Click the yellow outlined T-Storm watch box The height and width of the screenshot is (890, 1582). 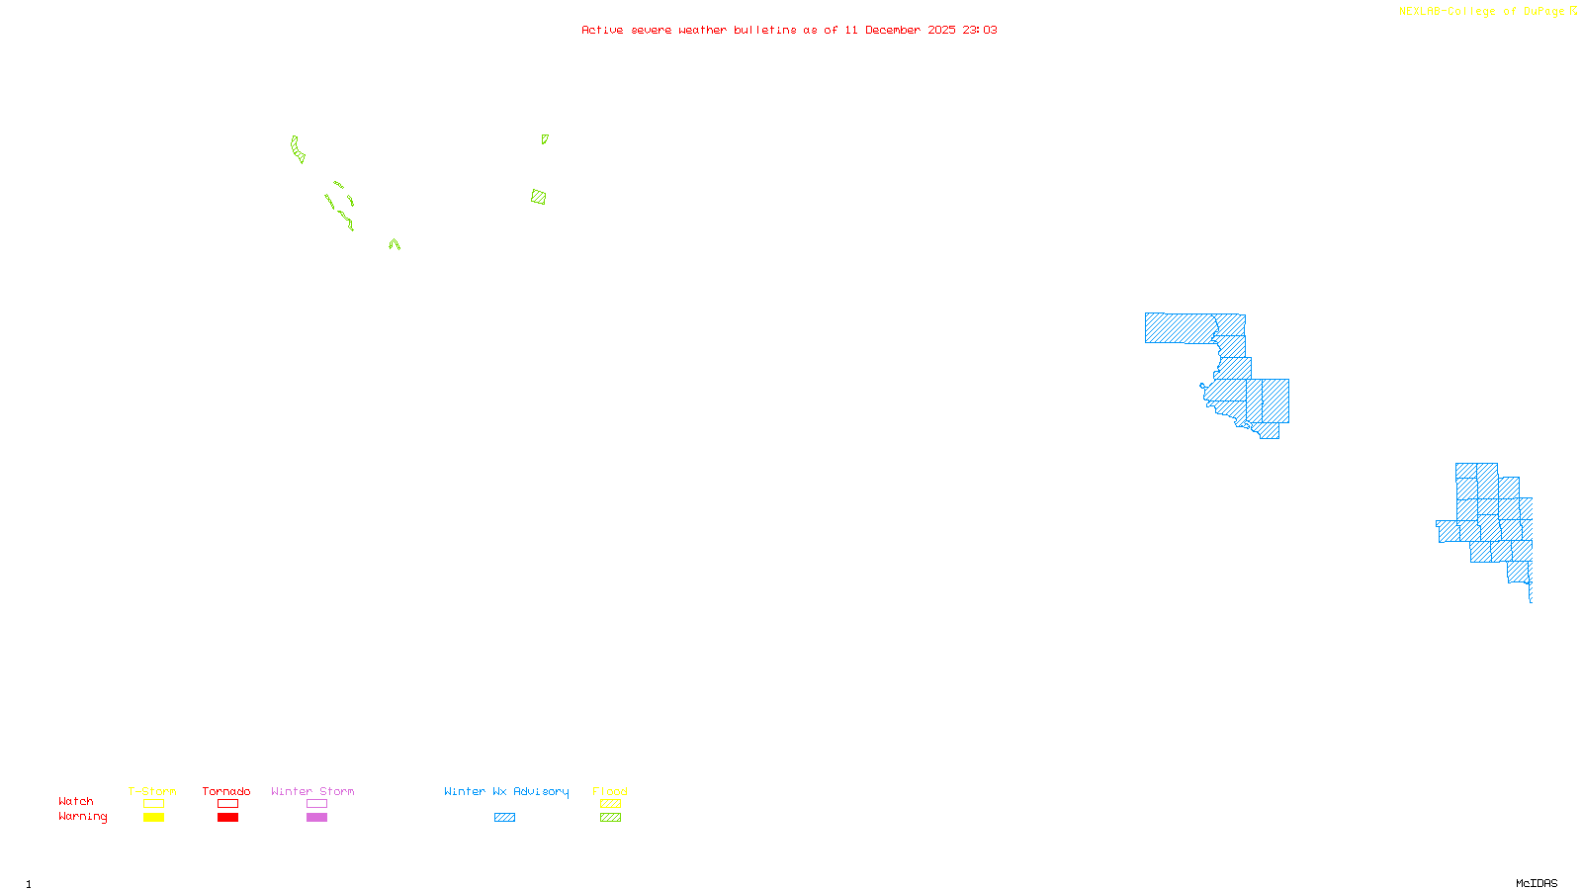click(153, 804)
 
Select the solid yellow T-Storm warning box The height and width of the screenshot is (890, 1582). click(153, 818)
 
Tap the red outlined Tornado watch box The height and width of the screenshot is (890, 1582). click(227, 804)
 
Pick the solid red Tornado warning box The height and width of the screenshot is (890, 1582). click(227, 818)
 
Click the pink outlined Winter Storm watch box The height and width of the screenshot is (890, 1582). click(316, 804)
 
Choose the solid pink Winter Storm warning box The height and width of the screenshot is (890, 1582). click(316, 818)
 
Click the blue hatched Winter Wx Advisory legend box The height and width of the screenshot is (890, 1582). click(504, 818)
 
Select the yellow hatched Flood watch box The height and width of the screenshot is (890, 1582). click(610, 804)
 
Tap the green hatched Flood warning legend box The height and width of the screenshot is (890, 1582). click(610, 818)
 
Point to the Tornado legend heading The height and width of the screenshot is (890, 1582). click(226, 791)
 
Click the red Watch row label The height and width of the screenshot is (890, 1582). click(76, 801)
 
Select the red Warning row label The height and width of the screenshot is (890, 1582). click(82, 817)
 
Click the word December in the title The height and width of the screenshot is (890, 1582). click(893, 30)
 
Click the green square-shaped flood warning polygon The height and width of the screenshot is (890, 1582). click(538, 197)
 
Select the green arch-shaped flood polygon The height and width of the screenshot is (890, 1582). click(395, 243)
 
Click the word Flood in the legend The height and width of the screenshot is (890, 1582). click(610, 791)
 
